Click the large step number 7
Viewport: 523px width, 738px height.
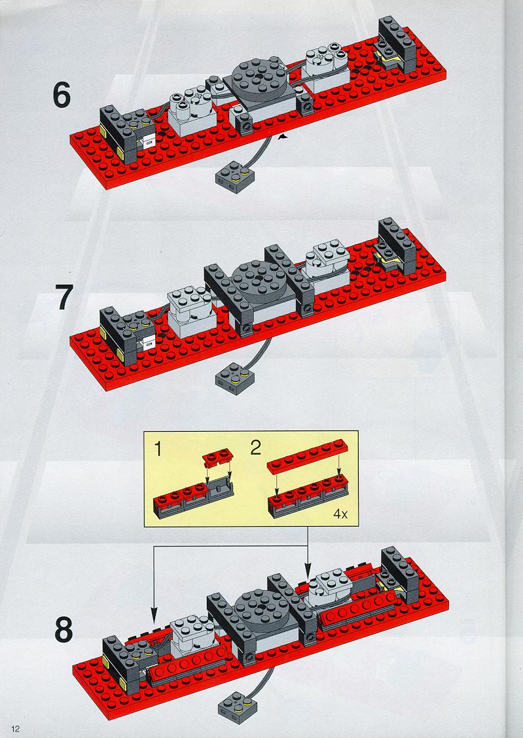[x=65, y=298]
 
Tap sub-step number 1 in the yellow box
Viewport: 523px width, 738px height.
[x=158, y=449]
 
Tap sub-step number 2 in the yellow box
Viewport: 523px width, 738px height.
[x=255, y=448]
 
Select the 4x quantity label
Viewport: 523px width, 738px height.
[x=340, y=514]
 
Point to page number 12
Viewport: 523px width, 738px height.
[x=16, y=729]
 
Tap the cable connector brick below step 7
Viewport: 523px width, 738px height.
[x=234, y=378]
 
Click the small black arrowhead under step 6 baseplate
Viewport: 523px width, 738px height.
[x=284, y=137]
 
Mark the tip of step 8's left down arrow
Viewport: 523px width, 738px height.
[x=153, y=623]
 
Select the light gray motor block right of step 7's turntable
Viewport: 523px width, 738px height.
[x=328, y=264]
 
